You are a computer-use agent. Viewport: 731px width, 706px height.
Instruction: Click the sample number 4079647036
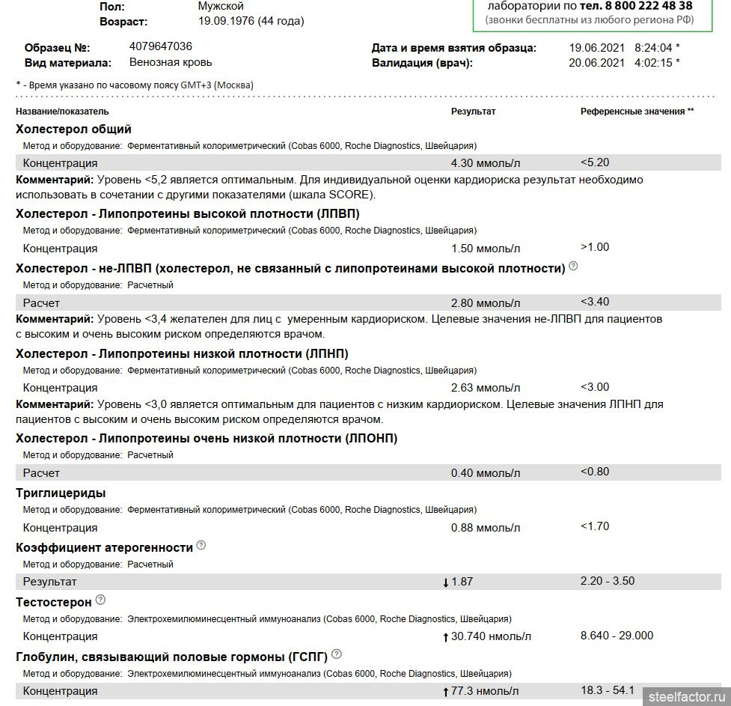tap(160, 46)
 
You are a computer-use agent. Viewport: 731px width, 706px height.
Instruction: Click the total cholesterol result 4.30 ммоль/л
tap(485, 163)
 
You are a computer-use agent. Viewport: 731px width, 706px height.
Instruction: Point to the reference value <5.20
tap(595, 162)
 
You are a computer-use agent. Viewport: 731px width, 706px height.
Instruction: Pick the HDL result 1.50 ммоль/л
tap(485, 249)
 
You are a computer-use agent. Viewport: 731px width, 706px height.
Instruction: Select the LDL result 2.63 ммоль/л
tap(485, 388)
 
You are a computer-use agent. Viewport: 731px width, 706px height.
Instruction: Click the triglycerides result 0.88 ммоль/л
tap(485, 528)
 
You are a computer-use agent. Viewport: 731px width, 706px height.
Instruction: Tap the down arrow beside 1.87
tap(446, 582)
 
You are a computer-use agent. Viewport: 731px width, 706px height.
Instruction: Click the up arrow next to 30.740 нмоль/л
tap(446, 636)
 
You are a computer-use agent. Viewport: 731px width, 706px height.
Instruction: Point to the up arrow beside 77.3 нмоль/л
tap(446, 691)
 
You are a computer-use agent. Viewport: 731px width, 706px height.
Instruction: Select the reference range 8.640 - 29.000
tap(617, 636)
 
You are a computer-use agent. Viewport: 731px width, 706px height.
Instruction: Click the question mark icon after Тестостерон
tap(101, 600)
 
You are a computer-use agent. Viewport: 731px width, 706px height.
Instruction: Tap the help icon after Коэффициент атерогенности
tap(201, 546)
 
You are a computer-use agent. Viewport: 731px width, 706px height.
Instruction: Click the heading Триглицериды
tap(61, 493)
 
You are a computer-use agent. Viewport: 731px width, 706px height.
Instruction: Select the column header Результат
tap(473, 112)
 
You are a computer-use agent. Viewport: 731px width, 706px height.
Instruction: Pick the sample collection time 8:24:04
tap(653, 48)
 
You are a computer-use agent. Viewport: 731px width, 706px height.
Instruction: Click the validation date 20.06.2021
tap(596, 63)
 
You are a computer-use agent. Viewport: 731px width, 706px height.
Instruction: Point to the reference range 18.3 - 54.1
tap(607, 690)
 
